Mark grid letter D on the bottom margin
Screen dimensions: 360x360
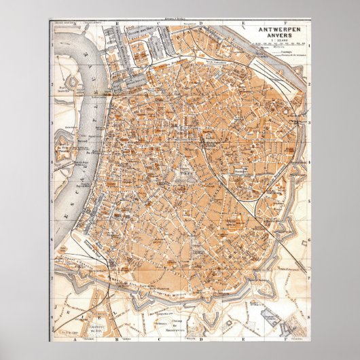[x=202, y=338]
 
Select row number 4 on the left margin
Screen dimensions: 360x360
[x=52, y=162]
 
